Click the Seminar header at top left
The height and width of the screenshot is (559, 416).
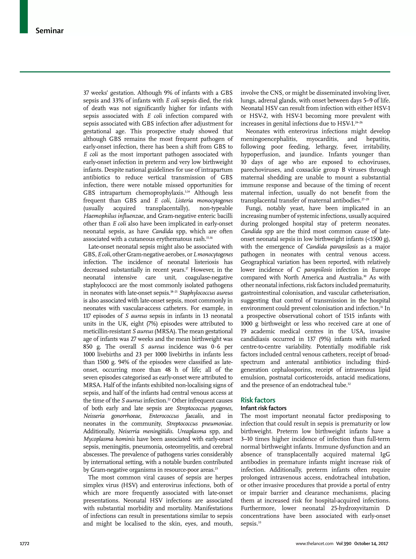49,31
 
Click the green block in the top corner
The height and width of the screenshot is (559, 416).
24,16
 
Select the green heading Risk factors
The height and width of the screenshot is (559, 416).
258,400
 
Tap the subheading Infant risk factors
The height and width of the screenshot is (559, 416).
263,408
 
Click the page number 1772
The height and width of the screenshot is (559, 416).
25,544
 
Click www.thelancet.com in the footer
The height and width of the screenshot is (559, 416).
314,544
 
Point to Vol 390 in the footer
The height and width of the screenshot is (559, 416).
343,544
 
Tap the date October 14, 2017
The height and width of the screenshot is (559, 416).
371,544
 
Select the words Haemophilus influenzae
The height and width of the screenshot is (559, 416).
114,216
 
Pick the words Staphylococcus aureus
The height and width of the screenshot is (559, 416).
206,293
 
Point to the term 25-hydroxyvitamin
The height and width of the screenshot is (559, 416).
355,508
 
